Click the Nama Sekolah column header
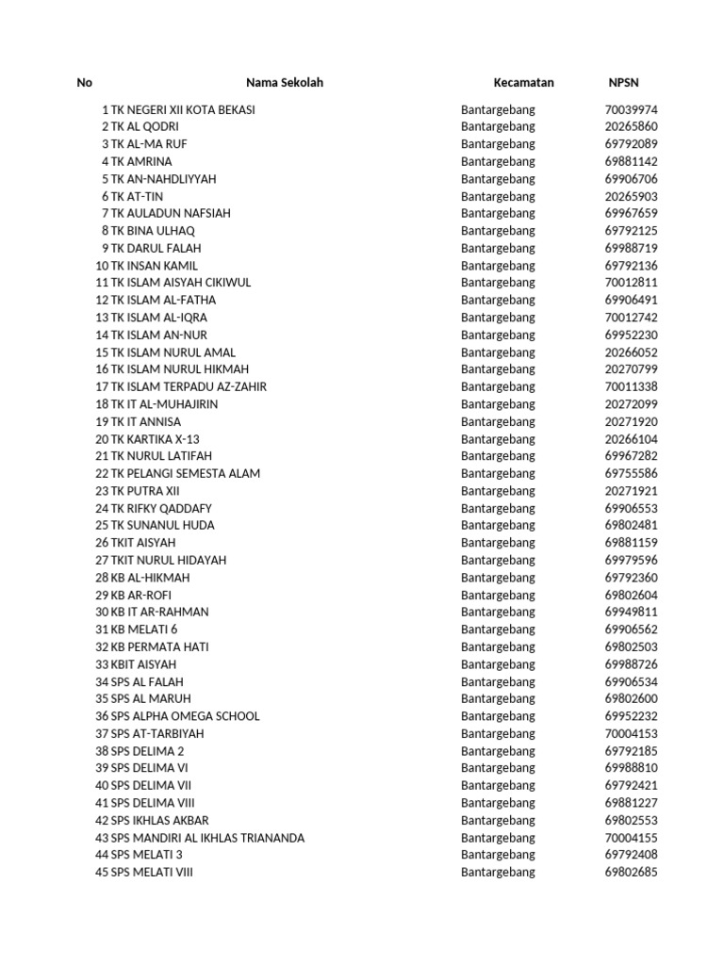click(284, 83)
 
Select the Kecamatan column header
click(523, 83)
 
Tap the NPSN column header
click(623, 83)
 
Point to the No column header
click(84, 83)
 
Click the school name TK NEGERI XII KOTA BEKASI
click(183, 109)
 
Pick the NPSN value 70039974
click(631, 109)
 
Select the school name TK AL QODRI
click(145, 126)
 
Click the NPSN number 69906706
click(631, 179)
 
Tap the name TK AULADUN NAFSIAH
click(171, 213)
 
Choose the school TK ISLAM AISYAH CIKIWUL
click(181, 283)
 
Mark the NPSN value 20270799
click(631, 369)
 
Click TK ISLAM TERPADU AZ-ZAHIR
click(189, 386)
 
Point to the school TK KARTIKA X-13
click(156, 439)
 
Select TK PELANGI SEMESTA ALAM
click(186, 473)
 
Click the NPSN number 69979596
click(631, 560)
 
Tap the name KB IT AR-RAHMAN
click(160, 612)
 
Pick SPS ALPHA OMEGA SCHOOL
click(185, 716)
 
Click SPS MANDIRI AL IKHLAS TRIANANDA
click(207, 838)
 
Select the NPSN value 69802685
click(631, 872)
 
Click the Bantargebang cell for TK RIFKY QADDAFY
click(498, 508)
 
